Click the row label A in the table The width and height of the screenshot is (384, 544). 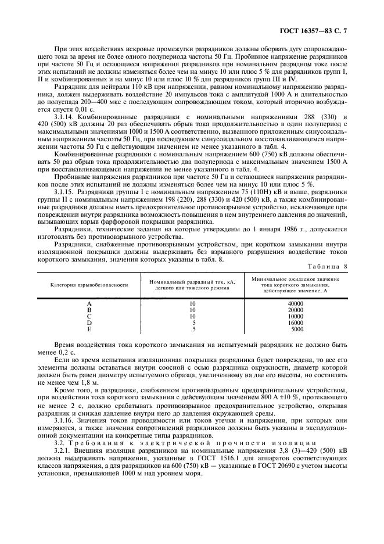89,304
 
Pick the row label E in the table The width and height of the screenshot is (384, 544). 89,329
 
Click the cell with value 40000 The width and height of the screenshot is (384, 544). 296,304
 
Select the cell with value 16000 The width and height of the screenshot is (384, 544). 296,323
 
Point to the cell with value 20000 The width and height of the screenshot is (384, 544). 296,310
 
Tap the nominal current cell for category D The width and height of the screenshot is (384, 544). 192,323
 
